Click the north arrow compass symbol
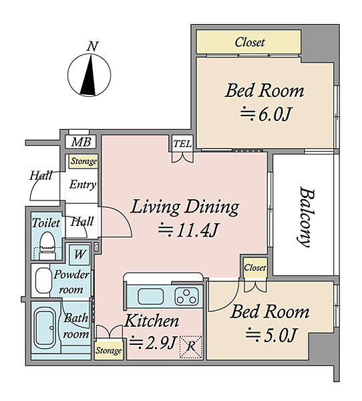(x=89, y=75)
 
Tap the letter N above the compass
(x=93, y=46)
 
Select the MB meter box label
(x=81, y=142)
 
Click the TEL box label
(x=182, y=144)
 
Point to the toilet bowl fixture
(x=47, y=245)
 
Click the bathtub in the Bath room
(x=45, y=328)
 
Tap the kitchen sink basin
(x=150, y=297)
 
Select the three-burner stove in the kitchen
(x=186, y=296)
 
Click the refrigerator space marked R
(x=190, y=347)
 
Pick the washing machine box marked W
(x=79, y=255)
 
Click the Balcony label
(x=306, y=217)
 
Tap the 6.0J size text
(x=266, y=114)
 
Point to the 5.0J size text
(x=271, y=335)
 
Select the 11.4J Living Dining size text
(x=188, y=230)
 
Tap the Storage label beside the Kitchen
(x=108, y=350)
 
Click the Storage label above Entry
(x=83, y=161)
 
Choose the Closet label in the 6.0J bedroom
(x=250, y=42)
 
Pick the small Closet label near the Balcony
(x=254, y=267)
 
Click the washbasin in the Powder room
(x=43, y=281)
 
